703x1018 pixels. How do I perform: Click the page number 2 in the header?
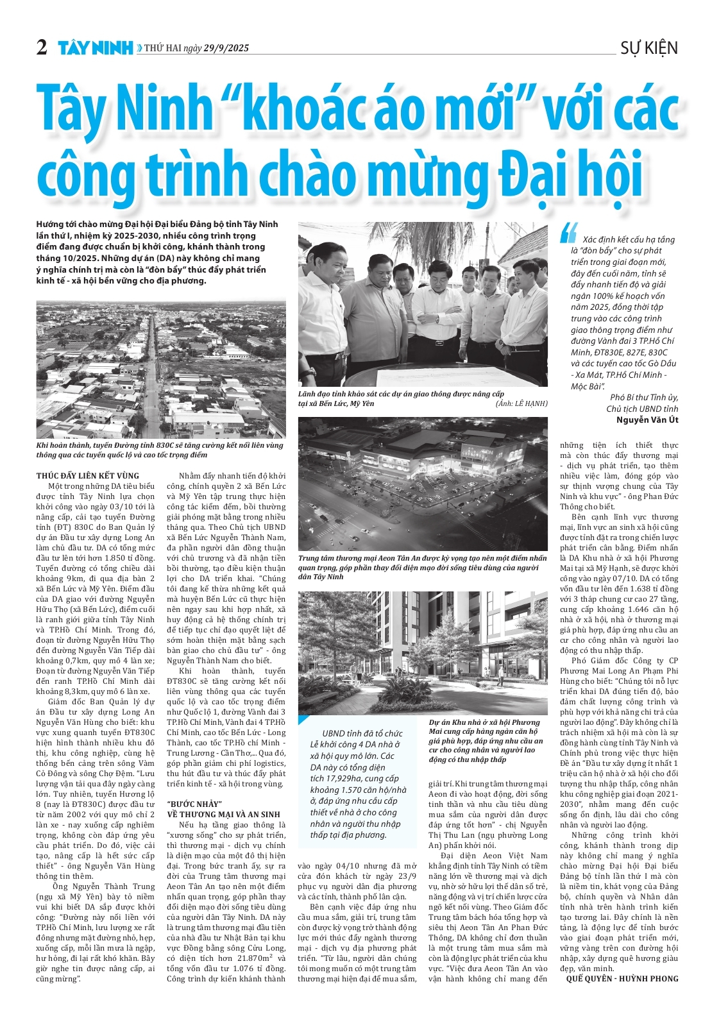(42, 47)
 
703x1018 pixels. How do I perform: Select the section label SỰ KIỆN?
(648, 48)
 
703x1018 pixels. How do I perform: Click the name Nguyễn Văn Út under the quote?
(647, 420)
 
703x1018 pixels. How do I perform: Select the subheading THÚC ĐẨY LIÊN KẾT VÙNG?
(88, 476)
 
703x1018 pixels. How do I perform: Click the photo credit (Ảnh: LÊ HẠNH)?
(521, 403)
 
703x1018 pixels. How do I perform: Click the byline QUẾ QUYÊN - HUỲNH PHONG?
(622, 978)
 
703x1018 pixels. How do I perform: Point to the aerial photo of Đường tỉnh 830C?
(160, 368)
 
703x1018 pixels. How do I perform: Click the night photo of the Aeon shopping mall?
(423, 484)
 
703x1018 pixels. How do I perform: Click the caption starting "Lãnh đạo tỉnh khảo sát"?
(401, 398)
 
